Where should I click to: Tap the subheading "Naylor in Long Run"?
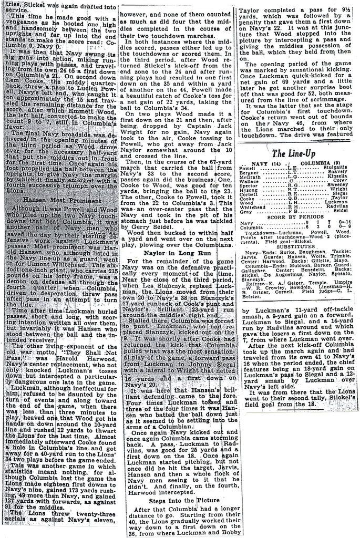click(176, 267)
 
